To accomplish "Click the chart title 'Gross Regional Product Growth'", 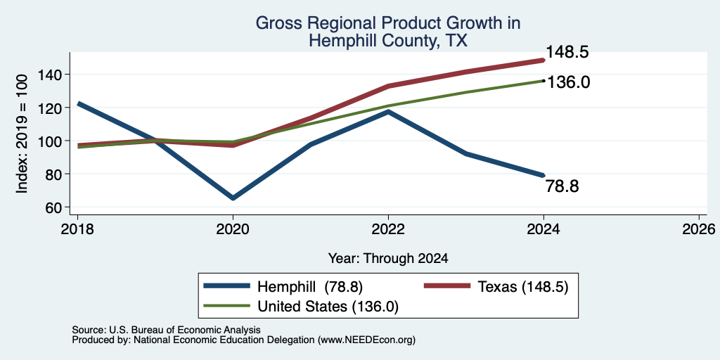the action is [388, 23].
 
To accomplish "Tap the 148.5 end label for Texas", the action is [567, 52].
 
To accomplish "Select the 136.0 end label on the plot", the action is [567, 83].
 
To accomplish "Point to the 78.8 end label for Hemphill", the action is [562, 186].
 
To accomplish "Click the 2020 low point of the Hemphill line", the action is [233, 198].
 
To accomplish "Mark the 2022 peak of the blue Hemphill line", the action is [388, 111].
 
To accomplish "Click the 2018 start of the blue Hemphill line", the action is [78, 104].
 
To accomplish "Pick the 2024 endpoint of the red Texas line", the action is [544, 60].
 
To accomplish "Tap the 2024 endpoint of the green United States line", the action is [544, 81].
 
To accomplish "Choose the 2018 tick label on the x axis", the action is [77, 229].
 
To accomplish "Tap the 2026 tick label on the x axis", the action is [699, 229].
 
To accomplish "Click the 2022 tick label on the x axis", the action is [388, 229].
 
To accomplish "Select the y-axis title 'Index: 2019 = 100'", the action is [22, 134].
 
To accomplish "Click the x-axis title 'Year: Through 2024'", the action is [388, 259].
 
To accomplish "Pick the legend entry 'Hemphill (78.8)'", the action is [284, 287].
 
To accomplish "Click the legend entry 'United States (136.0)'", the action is [301, 307].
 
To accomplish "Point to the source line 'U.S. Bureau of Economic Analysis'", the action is [185, 330].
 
